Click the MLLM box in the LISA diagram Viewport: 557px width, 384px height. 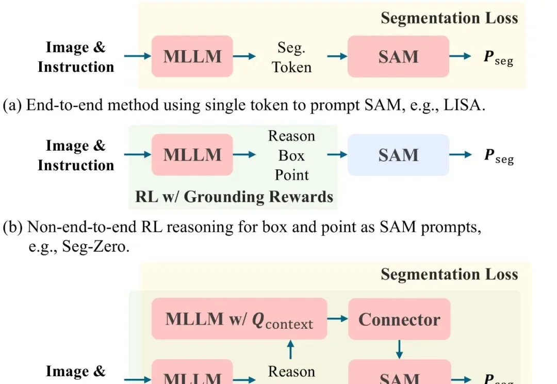(x=192, y=56)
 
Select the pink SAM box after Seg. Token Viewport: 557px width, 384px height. (x=398, y=56)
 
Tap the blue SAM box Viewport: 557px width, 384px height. (x=398, y=155)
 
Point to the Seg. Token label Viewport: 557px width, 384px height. (x=292, y=57)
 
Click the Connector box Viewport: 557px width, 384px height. (x=399, y=319)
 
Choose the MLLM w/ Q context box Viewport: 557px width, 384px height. (x=239, y=319)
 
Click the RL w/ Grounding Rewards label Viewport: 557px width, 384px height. (x=234, y=197)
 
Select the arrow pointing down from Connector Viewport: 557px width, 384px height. (x=399, y=348)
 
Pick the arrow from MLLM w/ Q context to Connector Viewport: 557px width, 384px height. (x=337, y=319)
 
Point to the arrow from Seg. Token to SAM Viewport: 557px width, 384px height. (x=337, y=56)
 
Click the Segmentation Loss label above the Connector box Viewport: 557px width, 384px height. (x=449, y=274)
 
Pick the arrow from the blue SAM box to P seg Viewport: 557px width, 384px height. (x=461, y=155)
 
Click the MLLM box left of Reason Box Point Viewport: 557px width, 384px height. (x=192, y=155)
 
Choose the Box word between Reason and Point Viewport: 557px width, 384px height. (x=291, y=155)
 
